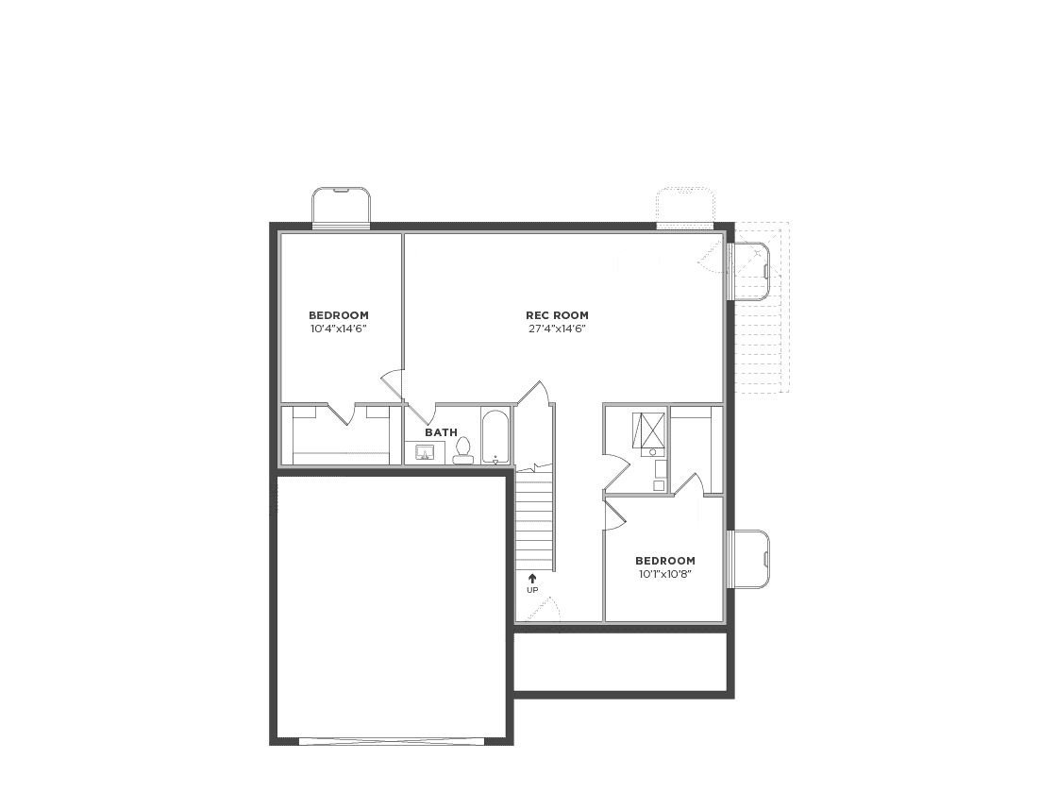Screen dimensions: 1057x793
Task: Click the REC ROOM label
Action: tap(557, 315)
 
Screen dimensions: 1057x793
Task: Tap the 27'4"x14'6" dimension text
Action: tap(557, 329)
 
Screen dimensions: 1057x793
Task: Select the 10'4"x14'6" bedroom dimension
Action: tap(339, 329)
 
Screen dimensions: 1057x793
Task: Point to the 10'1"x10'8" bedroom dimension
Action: tap(665, 575)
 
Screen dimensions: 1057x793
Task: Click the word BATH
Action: tap(441, 432)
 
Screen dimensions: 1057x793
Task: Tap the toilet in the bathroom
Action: tap(463, 450)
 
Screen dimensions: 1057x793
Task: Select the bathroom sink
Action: tap(425, 452)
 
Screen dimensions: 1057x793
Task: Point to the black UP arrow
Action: tap(532, 579)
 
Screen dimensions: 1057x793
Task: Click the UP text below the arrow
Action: tap(532, 591)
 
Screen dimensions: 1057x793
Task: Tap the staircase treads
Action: tap(536, 519)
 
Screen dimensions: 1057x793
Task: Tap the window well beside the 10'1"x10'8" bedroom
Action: tap(749, 559)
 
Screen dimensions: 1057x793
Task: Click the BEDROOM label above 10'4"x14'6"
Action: tap(339, 315)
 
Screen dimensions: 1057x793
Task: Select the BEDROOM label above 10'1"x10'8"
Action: tap(665, 561)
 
